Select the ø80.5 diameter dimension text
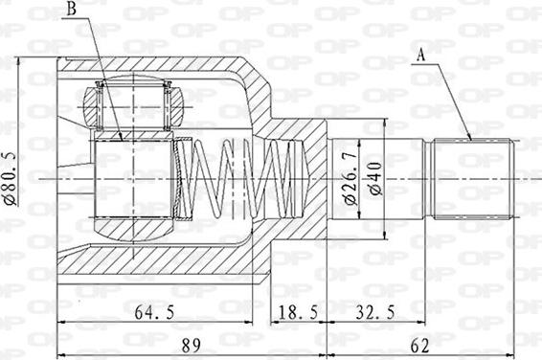(9, 177)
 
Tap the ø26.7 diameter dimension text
(349, 178)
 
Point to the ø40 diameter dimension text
(374, 178)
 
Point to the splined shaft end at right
(474, 179)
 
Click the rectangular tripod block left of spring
(133, 178)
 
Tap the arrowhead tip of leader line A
(472, 141)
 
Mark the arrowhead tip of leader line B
(122, 140)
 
